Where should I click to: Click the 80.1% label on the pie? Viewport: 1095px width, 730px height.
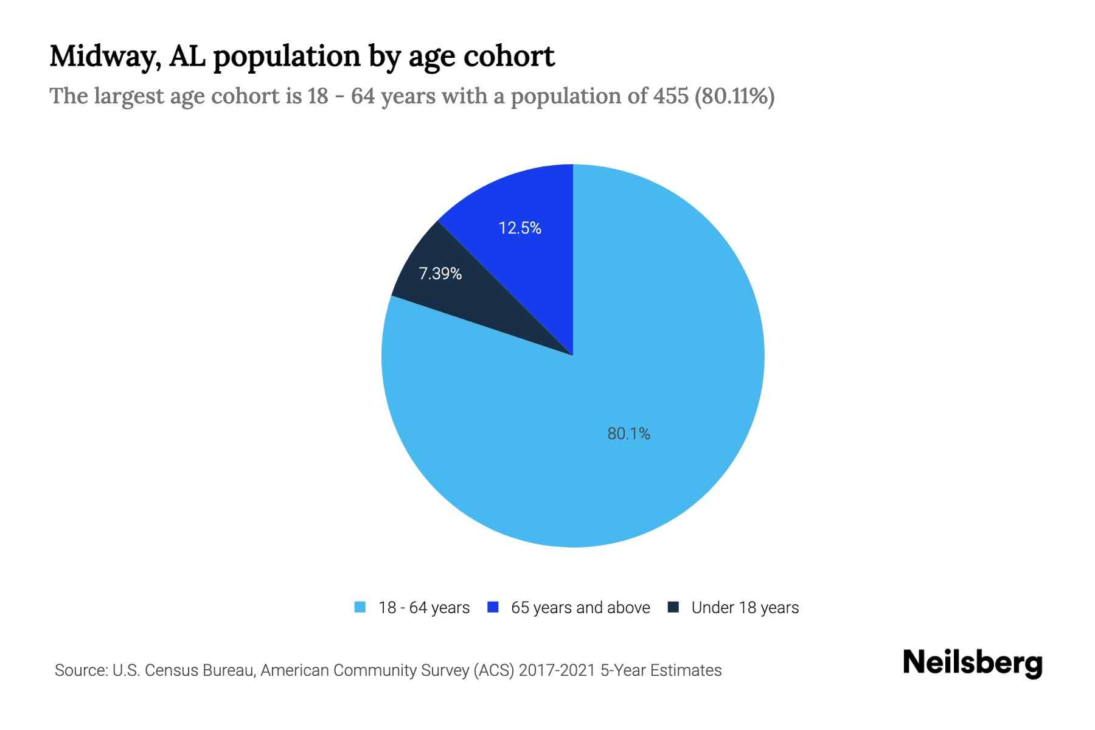click(628, 434)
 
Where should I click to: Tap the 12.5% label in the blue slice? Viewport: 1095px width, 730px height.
click(520, 228)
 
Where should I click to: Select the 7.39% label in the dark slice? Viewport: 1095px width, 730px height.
click(440, 274)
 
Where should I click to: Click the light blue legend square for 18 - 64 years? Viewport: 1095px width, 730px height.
click(360, 607)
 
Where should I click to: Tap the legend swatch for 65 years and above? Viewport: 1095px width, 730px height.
click(493, 607)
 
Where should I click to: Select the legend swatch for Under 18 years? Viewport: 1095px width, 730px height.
click(673, 607)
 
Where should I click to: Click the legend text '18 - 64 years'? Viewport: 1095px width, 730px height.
click(424, 608)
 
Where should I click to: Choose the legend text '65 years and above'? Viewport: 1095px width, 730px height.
click(580, 608)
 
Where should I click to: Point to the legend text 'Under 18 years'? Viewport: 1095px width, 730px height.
click(745, 608)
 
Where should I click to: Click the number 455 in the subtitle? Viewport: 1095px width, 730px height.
click(671, 96)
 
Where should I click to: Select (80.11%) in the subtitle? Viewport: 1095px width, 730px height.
click(735, 96)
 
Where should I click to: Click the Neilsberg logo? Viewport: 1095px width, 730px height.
click(972, 662)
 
